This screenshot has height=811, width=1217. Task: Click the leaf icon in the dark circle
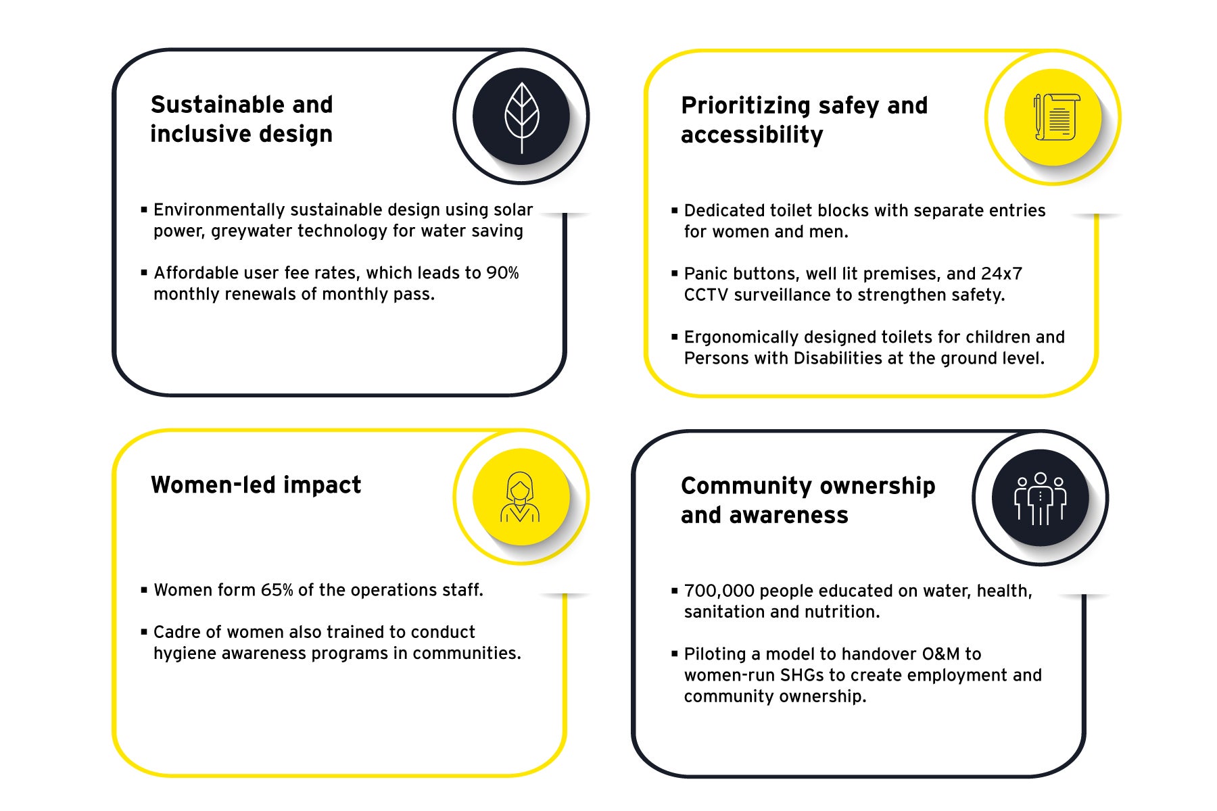[x=521, y=118]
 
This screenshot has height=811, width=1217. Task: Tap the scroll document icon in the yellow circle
[x=1055, y=117]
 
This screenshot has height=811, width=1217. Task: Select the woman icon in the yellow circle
[x=520, y=497]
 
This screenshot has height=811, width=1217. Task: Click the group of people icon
[x=1040, y=499]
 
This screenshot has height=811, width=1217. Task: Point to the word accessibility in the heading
[x=752, y=135]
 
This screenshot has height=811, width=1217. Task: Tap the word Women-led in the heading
[x=212, y=485]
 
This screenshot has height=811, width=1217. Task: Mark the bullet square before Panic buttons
[x=674, y=274]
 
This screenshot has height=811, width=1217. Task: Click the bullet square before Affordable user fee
[x=144, y=273]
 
